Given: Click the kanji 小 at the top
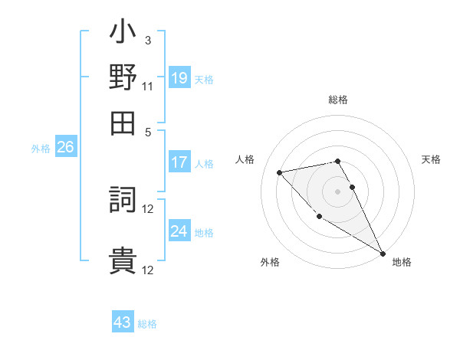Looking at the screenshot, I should [x=123, y=34].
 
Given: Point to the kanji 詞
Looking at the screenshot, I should [x=123, y=201].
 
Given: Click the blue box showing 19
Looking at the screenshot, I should [x=179, y=77].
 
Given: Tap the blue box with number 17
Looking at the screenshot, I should [x=179, y=162].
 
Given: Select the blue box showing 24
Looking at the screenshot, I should [x=179, y=231].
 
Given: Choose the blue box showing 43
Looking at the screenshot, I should [x=123, y=322].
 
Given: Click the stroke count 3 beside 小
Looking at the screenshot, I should [x=147, y=40].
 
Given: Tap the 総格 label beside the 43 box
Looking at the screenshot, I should [x=147, y=324].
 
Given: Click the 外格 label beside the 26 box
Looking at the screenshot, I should [x=41, y=149].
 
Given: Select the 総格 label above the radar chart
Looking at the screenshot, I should [x=337, y=100].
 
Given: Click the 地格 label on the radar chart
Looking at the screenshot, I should [x=402, y=262].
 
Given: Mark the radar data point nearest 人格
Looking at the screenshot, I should [x=280, y=172].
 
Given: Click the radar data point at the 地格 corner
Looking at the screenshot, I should [x=383, y=254].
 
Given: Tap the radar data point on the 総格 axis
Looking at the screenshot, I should [x=337, y=161].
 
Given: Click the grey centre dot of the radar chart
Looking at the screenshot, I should [x=337, y=191].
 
